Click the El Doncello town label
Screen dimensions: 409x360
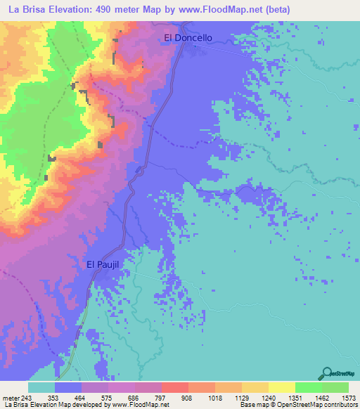click(188, 38)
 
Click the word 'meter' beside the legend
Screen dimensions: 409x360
click(12, 397)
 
